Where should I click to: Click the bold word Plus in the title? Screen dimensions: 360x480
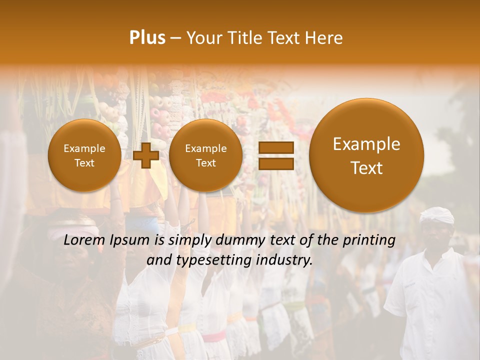click(147, 38)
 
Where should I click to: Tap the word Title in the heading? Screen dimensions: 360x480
click(245, 38)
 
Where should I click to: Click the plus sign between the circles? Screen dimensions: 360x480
click(146, 155)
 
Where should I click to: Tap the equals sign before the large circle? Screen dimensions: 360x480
click(275, 155)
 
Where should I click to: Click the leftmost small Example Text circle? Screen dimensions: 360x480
click(84, 155)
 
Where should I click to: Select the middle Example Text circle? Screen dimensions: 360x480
click(205, 155)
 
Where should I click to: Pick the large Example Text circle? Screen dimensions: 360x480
click(366, 155)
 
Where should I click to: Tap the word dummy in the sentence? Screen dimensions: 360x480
click(238, 240)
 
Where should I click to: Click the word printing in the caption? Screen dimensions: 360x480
click(370, 240)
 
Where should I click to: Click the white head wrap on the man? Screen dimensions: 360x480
click(436, 215)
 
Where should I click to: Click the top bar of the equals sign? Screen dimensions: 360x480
click(275, 147)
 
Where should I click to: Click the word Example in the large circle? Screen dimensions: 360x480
click(366, 144)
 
